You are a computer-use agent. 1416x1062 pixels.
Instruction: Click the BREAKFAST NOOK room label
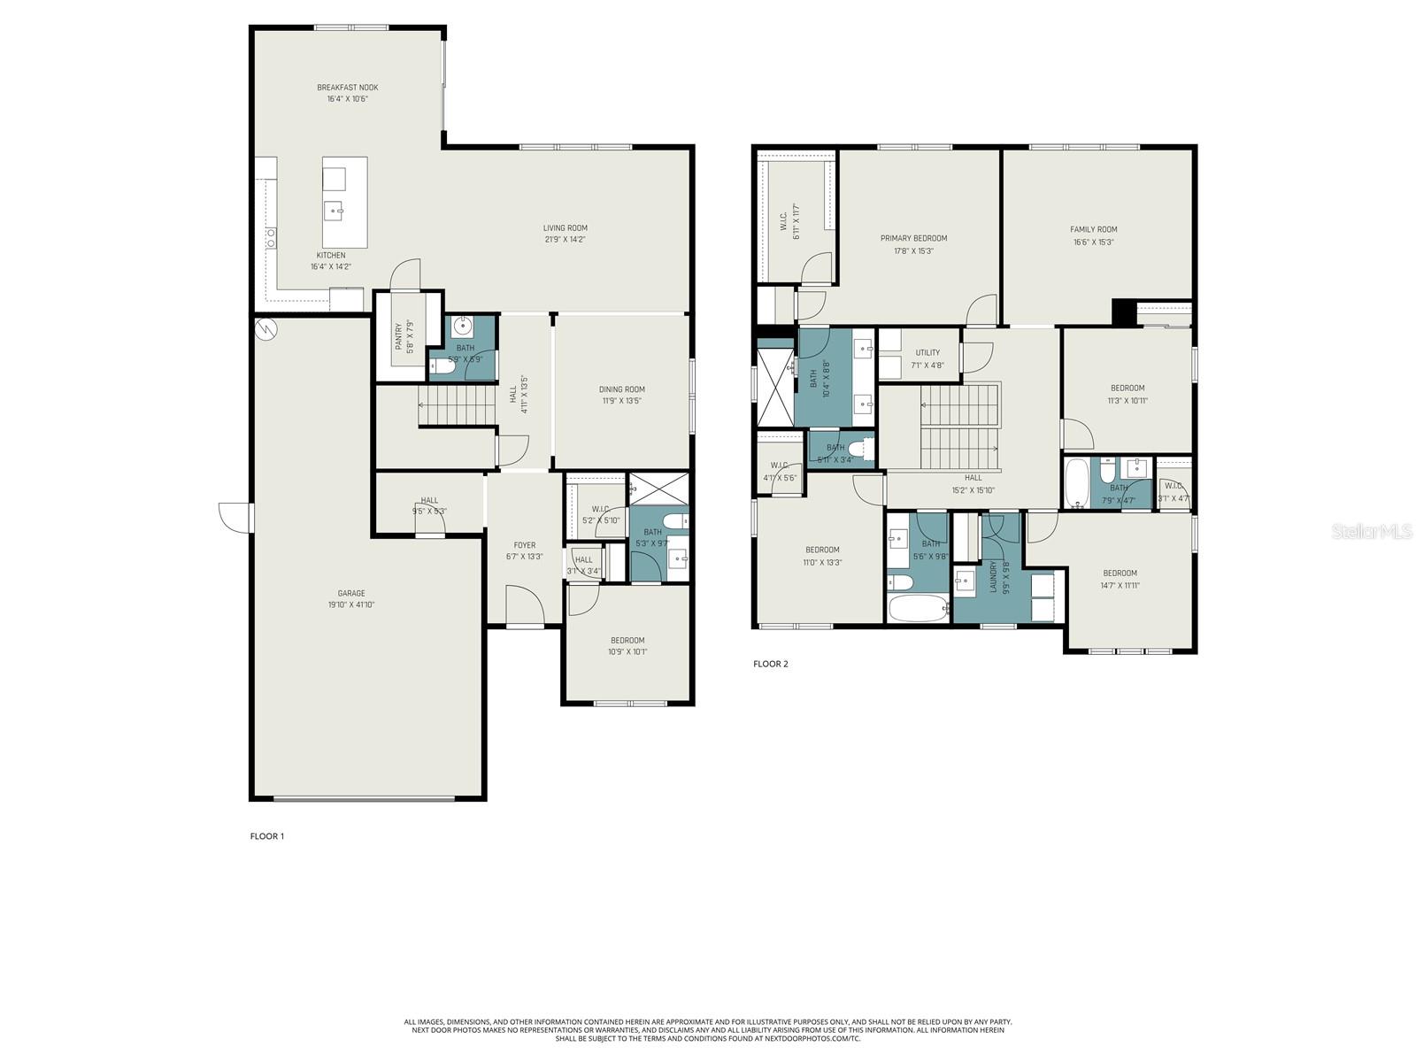point(347,88)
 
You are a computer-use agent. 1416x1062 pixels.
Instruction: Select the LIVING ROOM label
point(565,228)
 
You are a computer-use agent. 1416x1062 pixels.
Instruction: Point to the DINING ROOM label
point(621,389)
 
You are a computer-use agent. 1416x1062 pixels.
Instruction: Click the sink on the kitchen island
point(335,211)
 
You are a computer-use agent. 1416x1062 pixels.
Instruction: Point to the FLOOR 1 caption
point(266,835)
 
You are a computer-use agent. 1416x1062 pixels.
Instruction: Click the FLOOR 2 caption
point(770,664)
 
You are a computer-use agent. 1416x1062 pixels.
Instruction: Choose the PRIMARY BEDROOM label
point(913,238)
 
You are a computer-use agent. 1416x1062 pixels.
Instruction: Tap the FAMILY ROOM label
point(1093,229)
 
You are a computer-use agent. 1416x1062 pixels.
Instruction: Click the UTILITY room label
point(927,352)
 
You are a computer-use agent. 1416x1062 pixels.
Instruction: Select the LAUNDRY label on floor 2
point(993,577)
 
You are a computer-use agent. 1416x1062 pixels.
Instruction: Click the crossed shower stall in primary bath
point(773,389)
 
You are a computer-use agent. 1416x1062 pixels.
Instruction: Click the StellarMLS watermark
point(1371,531)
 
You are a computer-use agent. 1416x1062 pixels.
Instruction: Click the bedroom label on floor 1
point(627,641)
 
